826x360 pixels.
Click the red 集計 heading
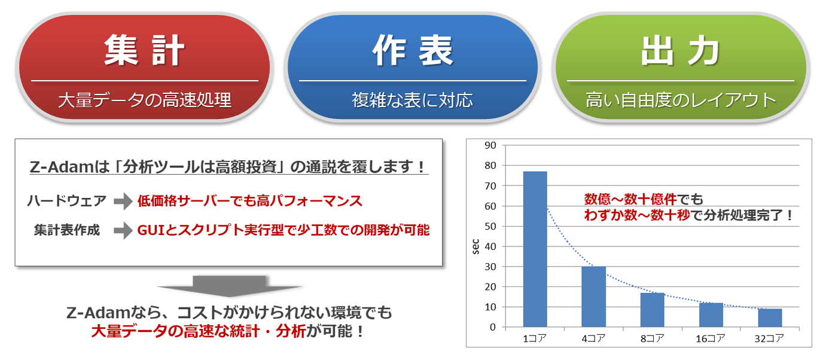[144, 51]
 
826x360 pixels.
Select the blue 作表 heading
[413, 51]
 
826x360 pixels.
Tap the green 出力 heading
[680, 51]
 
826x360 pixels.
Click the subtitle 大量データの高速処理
[145, 100]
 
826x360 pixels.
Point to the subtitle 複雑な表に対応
[412, 100]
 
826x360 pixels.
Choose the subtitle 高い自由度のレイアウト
[681, 100]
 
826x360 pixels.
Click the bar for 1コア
[535, 249]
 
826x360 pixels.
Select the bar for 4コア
[594, 297]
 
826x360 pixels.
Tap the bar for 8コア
[653, 310]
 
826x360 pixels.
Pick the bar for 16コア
[711, 315]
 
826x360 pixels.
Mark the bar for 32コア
[770, 318]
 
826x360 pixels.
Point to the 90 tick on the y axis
[490, 145]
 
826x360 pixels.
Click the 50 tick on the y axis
[490, 226]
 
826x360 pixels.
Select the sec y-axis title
[476, 247]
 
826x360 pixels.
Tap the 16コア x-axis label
[711, 338]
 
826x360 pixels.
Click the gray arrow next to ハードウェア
[123, 202]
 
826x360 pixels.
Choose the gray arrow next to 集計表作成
[123, 231]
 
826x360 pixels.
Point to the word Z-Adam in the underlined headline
[60, 167]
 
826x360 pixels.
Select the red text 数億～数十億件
[630, 200]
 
